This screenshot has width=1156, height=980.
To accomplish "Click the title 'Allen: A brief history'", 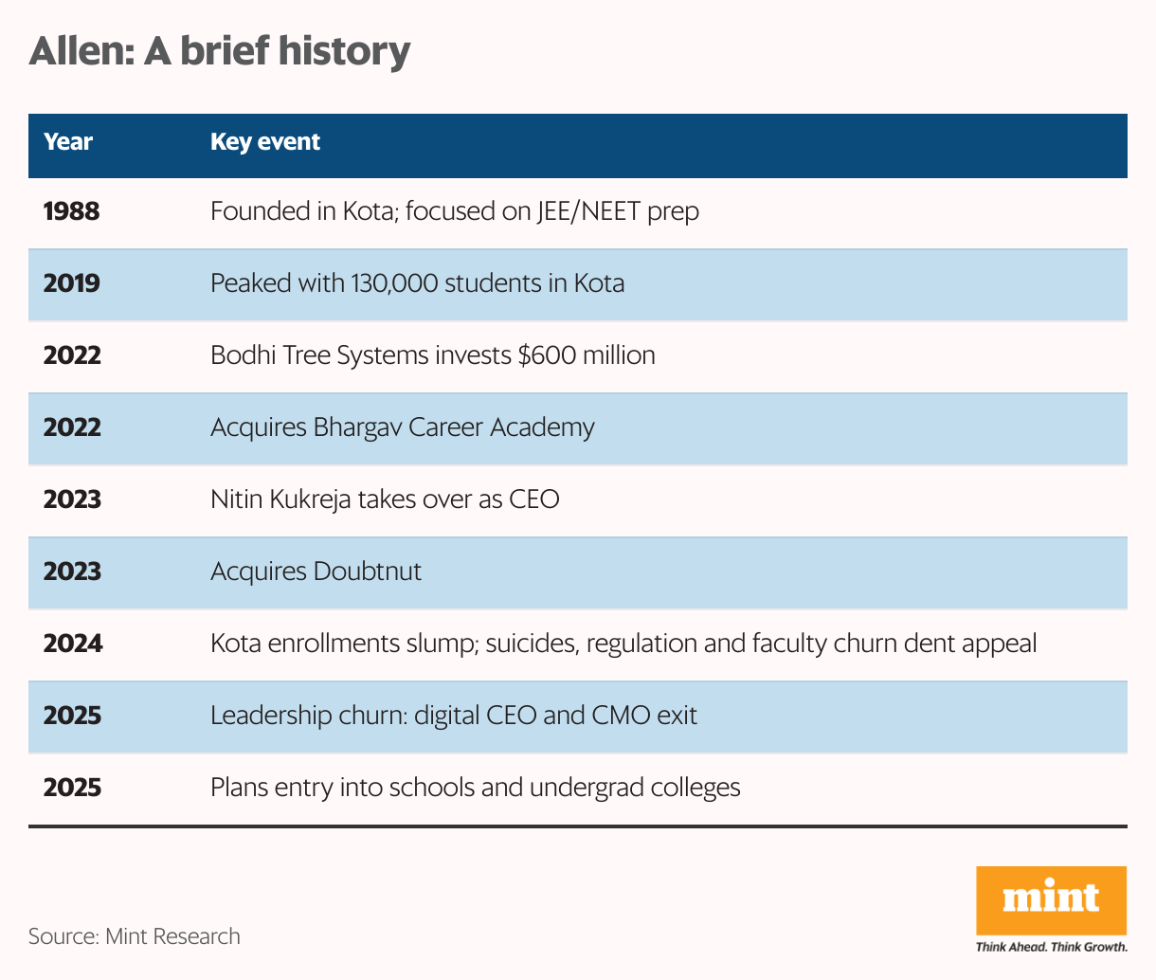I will (220, 51).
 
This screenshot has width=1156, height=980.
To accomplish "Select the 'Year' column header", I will (68, 142).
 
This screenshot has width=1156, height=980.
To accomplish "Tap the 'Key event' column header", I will (265, 142).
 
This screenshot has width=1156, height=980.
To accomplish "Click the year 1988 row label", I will (72, 211).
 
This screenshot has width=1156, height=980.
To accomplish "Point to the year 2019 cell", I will (72, 283).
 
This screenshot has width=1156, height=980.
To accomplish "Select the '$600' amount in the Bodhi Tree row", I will (540, 355).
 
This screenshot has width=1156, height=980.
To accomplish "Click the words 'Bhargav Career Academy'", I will (453, 427).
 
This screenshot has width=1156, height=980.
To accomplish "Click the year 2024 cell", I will (73, 644).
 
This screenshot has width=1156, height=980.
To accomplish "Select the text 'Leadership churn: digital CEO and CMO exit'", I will (453, 716).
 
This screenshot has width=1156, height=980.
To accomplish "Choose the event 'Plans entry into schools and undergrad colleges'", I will (475, 788).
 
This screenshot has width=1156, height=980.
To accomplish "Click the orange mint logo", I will (1051, 898).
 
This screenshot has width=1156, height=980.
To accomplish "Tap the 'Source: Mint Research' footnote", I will (134, 936).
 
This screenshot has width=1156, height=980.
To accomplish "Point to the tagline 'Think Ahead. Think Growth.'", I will (1051, 947).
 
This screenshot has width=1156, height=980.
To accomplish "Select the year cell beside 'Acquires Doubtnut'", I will (72, 572).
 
